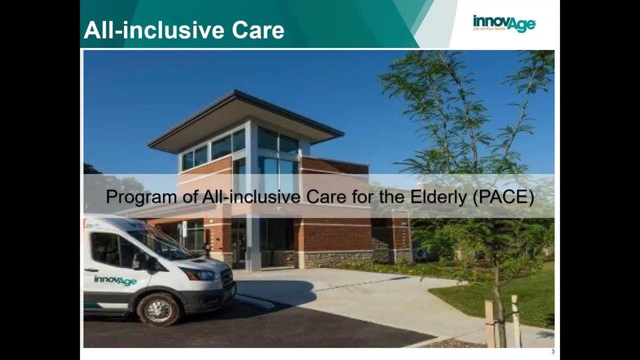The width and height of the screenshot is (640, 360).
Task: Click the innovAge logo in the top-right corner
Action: point(504,23)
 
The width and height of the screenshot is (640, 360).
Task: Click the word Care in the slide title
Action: point(257,30)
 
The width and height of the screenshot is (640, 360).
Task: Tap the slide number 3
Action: point(552,351)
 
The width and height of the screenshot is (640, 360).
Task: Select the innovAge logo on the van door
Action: point(115,280)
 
